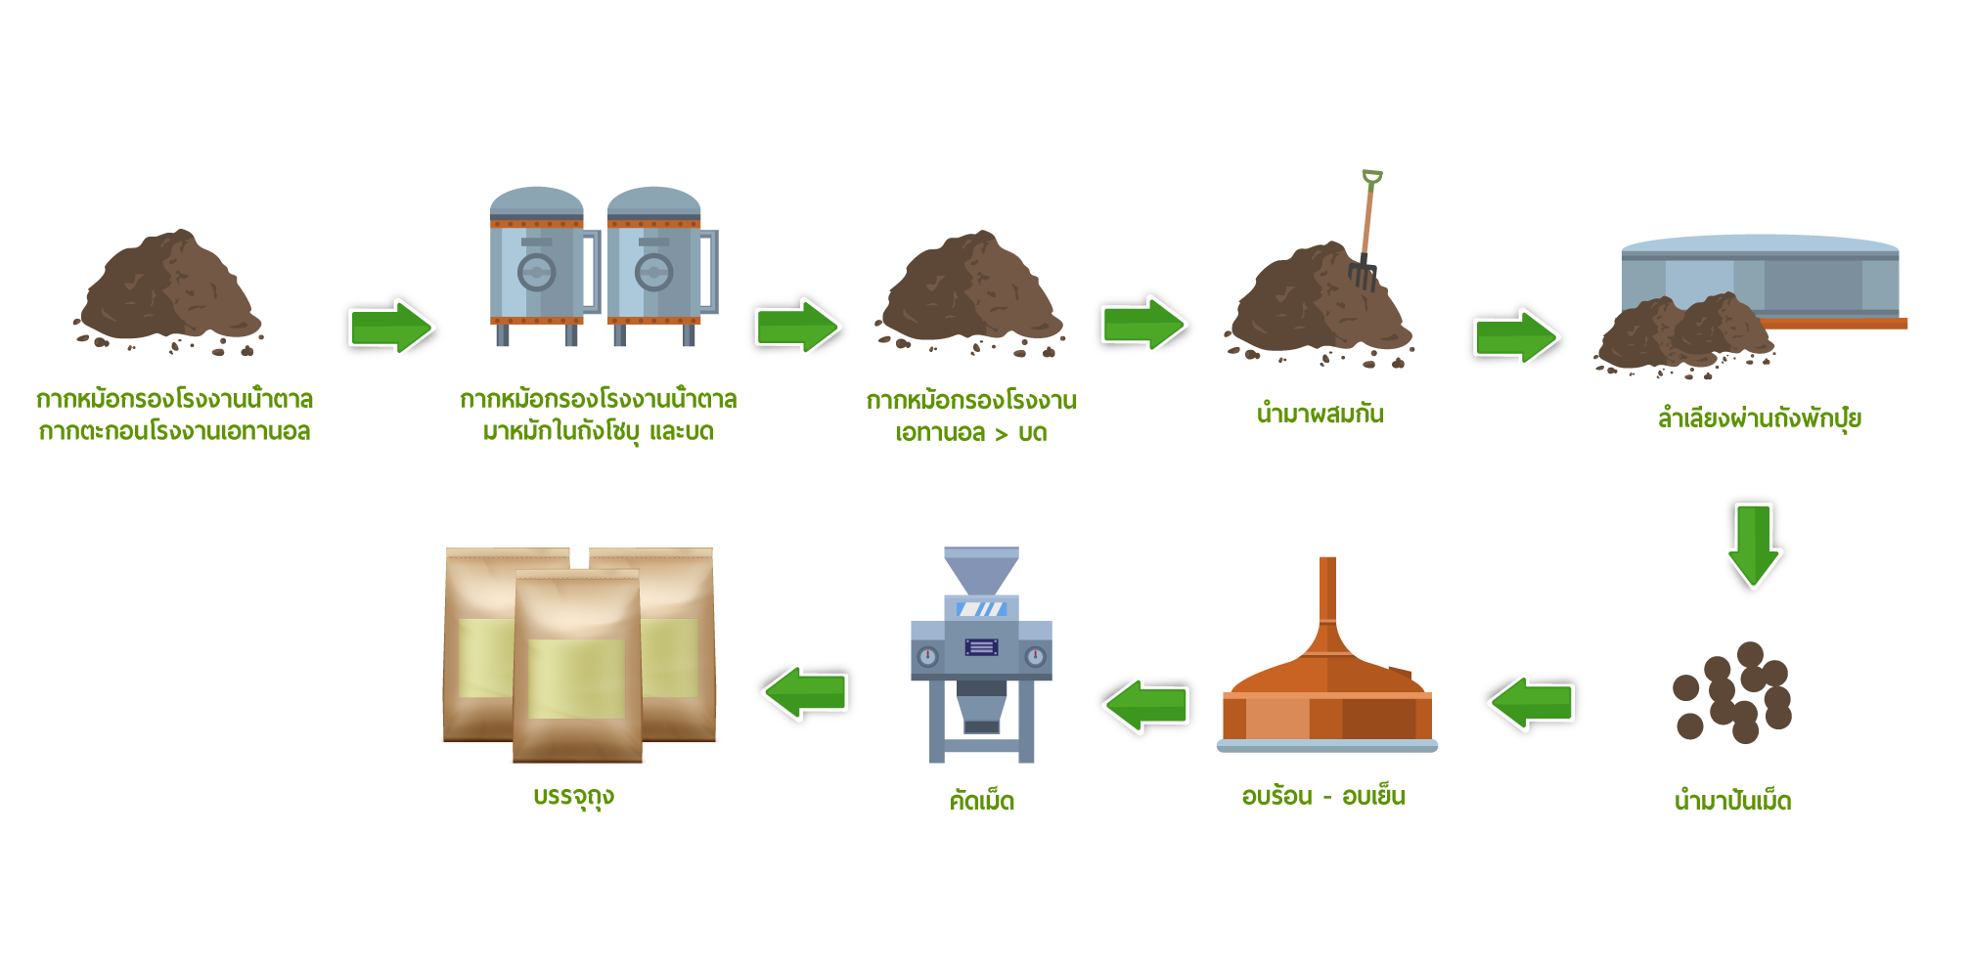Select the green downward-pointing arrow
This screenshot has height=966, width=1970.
(x=1753, y=545)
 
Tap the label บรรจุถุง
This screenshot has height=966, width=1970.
(x=574, y=797)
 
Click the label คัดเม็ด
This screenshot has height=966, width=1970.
(x=982, y=801)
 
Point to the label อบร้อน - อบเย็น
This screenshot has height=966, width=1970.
(x=1322, y=797)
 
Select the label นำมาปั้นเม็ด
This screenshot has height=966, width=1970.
(x=1732, y=801)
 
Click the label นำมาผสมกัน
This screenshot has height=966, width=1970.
(x=1320, y=414)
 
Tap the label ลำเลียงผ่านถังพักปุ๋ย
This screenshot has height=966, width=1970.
(x=1759, y=418)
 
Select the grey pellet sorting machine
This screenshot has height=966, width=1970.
(x=981, y=655)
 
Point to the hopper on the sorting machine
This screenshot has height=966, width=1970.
(x=981, y=569)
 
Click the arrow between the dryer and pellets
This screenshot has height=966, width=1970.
(x=1532, y=703)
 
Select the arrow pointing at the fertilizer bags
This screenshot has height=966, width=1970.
(x=805, y=692)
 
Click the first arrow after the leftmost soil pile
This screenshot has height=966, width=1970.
(x=391, y=328)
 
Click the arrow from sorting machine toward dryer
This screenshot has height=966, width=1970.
(x=1145, y=705)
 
